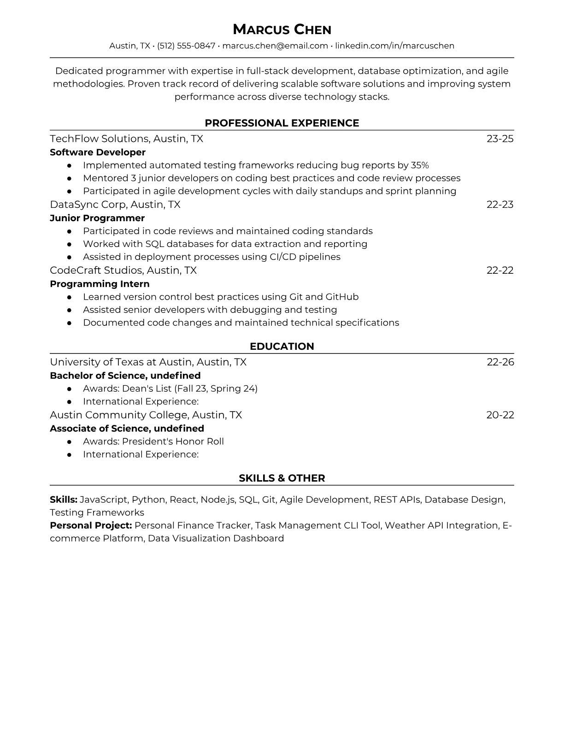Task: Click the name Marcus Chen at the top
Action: [x=282, y=30]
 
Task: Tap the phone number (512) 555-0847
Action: [x=186, y=46]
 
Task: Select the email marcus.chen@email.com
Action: [x=275, y=46]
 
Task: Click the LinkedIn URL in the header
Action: [x=394, y=46]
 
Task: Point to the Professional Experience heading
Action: [x=282, y=123]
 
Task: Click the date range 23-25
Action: [x=500, y=139]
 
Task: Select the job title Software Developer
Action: [x=98, y=152]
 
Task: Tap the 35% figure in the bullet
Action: [x=420, y=165]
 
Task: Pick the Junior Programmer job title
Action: [x=97, y=218]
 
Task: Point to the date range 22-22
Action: [x=500, y=270]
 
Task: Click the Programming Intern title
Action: [x=100, y=284]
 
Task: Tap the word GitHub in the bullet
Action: [x=342, y=297]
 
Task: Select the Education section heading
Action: [x=282, y=347]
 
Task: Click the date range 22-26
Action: [x=500, y=362]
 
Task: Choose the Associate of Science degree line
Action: [x=127, y=429]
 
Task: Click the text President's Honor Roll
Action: [x=173, y=442]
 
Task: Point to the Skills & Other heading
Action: [x=282, y=478]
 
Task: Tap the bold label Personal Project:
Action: [x=91, y=525]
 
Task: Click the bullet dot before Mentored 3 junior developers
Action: [x=69, y=178]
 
